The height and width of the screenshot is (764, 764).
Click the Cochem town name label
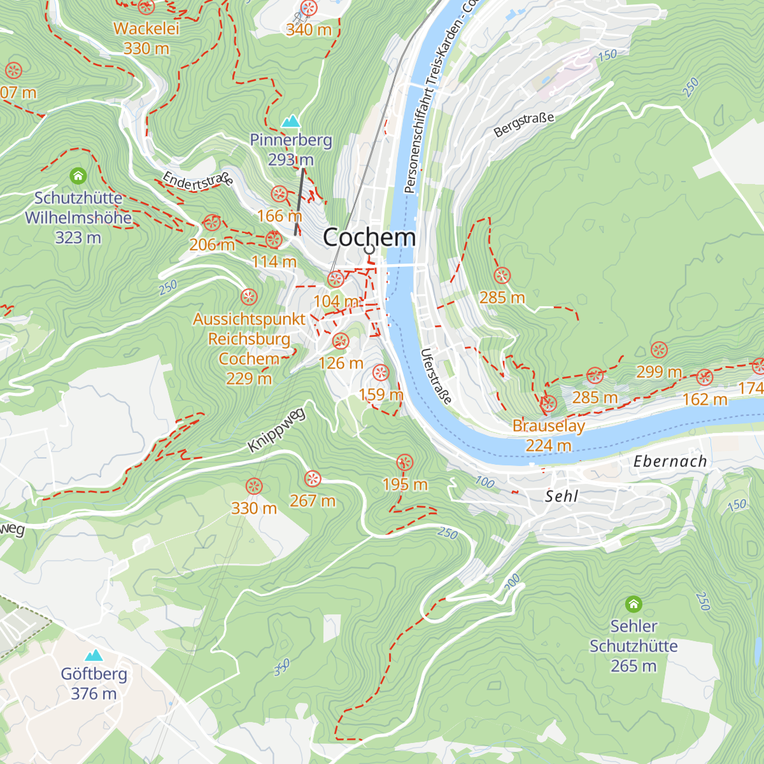pyautogui.click(x=369, y=237)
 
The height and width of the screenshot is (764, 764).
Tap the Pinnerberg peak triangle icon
pyautogui.click(x=291, y=121)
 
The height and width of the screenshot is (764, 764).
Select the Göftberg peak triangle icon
pyautogui.click(x=94, y=655)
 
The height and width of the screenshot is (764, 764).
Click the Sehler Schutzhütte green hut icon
pyautogui.click(x=633, y=603)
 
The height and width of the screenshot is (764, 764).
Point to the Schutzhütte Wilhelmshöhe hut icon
pyautogui.click(x=78, y=175)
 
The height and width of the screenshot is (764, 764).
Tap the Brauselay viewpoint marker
pyautogui.click(x=548, y=403)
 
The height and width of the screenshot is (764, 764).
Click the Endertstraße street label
pyautogui.click(x=197, y=181)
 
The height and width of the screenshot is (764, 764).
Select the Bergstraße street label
pyautogui.click(x=524, y=125)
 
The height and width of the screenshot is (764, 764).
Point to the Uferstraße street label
pyautogui.click(x=436, y=376)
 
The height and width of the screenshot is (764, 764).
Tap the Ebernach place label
pyautogui.click(x=670, y=462)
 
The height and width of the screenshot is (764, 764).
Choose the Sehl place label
pyautogui.click(x=562, y=496)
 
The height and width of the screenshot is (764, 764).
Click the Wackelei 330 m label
pyautogui.click(x=146, y=38)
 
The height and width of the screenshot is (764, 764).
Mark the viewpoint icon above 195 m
pyautogui.click(x=404, y=462)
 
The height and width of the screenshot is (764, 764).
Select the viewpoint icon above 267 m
pyautogui.click(x=312, y=479)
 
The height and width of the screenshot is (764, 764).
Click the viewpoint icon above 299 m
pyautogui.click(x=659, y=350)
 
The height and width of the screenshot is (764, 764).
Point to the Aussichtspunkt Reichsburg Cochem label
pyautogui.click(x=249, y=348)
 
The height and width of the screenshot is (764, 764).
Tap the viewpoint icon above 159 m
pyautogui.click(x=380, y=372)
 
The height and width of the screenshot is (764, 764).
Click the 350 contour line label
pyautogui.click(x=281, y=667)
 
